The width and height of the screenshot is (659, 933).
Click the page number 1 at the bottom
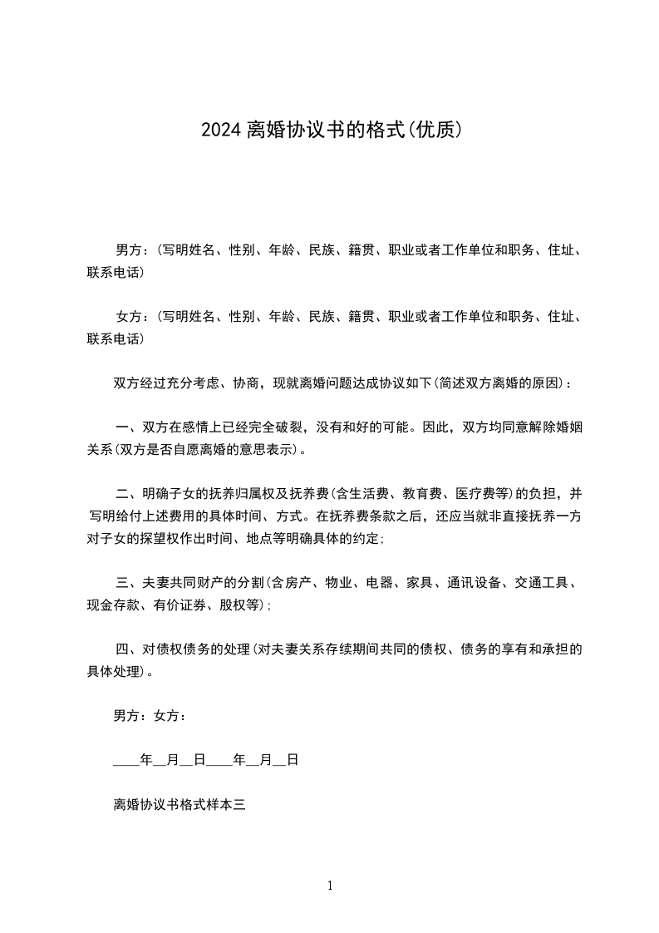(x=330, y=886)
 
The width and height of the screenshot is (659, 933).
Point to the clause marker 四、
(x=127, y=649)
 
